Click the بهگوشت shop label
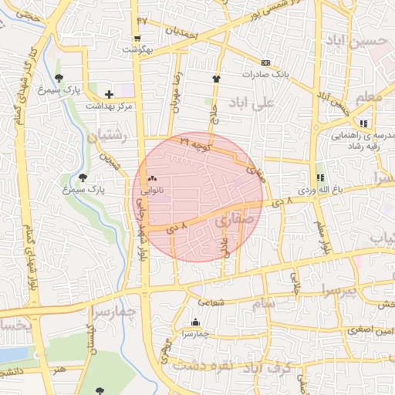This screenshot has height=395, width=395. click(137, 49)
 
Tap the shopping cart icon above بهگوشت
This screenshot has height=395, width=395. click(137, 38)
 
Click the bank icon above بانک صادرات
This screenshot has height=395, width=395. click(265, 62)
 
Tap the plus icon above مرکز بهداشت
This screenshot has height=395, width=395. click(109, 93)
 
